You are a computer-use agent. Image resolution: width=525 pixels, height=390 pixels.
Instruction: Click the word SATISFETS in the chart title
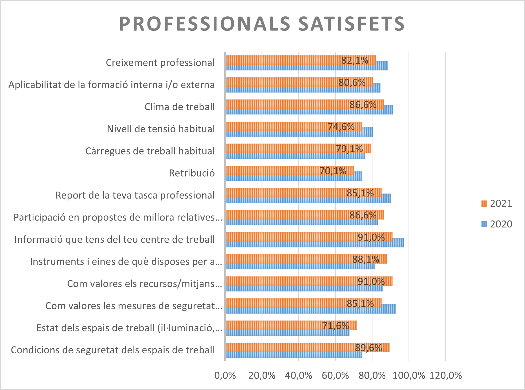[x=351, y=24]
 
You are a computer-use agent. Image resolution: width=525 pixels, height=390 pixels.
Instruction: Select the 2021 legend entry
[x=497, y=204]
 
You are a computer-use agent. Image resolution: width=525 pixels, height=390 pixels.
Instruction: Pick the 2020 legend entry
[x=497, y=224]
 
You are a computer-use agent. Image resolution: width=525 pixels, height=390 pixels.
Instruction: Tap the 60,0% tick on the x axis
[x=335, y=376]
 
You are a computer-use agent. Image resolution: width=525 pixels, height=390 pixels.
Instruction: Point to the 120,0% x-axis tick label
[x=445, y=376]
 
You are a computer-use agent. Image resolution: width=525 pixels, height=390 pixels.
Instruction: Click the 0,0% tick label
[x=225, y=376]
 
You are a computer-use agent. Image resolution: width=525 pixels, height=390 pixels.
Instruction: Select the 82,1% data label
[x=355, y=60]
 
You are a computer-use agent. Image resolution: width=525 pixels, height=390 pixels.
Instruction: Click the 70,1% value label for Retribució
[x=333, y=171]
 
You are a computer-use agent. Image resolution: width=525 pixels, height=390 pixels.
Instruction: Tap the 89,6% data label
[x=368, y=348]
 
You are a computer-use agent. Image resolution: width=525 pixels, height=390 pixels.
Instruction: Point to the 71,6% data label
[x=335, y=326]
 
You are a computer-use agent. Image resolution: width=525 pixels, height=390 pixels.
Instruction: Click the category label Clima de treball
[x=180, y=107]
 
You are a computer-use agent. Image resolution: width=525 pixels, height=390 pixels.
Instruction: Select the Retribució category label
[x=192, y=173]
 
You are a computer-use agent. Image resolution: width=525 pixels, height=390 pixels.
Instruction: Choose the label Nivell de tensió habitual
[x=161, y=129]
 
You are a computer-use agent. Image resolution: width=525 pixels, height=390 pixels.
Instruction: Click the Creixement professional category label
[x=160, y=63]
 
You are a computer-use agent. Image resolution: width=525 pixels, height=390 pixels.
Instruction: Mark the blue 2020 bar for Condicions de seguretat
[x=294, y=355]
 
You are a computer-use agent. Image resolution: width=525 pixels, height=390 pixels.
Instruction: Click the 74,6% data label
[x=341, y=127]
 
